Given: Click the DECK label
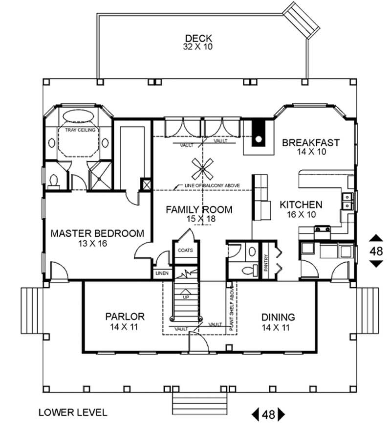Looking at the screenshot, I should [198, 38].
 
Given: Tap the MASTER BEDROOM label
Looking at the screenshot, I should [98, 233].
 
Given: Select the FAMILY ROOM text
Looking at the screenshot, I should [199, 210].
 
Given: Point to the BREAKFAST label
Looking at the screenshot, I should [310, 142].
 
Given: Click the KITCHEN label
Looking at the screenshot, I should [301, 205].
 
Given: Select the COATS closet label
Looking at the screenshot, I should [185, 250].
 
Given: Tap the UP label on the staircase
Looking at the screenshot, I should [186, 296].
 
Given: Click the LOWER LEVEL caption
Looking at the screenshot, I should [72, 412].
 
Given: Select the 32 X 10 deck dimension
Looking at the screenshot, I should [198, 47].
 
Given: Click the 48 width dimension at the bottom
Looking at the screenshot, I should [268, 415].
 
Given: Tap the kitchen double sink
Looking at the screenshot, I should [347, 201].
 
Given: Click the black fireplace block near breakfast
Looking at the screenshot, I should [258, 133].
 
